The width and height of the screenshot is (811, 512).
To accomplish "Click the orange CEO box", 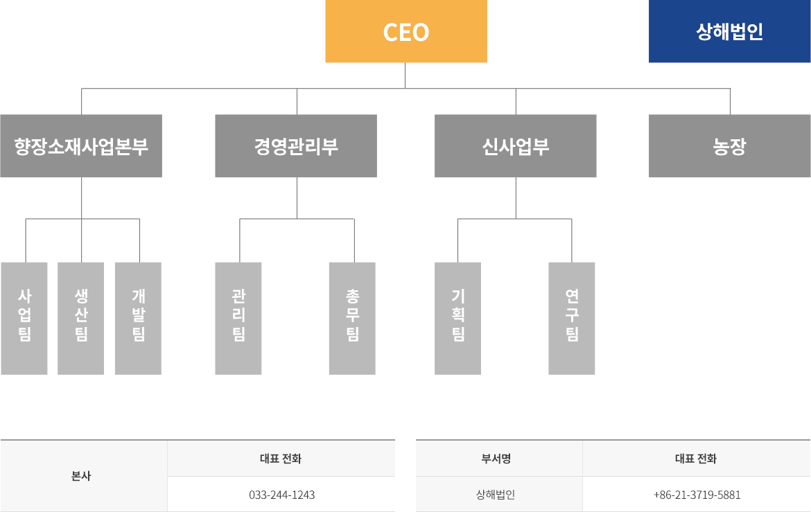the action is point(406,31).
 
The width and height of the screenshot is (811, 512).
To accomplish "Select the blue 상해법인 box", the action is point(729,31).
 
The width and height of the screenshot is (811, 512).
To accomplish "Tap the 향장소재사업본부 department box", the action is point(81,146).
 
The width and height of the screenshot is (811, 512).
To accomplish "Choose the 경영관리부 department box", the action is point(296,146).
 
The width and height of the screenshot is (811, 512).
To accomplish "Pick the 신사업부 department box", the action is point(515,146).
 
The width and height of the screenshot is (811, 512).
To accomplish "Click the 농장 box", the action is point(729,146).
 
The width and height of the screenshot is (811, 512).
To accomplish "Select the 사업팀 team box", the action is point(24,318).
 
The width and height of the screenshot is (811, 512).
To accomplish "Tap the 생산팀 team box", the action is point(80,318).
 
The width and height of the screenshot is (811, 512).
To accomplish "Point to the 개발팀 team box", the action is point(138,318).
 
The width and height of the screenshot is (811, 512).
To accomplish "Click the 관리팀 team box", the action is point(238,318).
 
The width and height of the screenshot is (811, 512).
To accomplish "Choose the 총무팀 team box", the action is point(352,318).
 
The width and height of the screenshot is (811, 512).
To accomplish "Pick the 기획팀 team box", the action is point(457,318).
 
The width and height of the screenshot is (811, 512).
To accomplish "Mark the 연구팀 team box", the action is point(572,318).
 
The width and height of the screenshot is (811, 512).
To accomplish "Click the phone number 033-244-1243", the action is point(282,495).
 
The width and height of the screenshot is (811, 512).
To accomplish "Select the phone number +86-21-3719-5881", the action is point(697,495).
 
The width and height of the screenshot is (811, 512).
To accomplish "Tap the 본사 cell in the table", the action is point(81,476).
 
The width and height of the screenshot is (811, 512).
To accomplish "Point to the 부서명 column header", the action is point(496,459).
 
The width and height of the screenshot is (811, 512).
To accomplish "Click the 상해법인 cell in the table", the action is point(496,495).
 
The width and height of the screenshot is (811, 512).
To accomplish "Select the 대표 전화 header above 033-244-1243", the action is point(281,459).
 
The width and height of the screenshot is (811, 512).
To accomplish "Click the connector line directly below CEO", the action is point(405,76).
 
